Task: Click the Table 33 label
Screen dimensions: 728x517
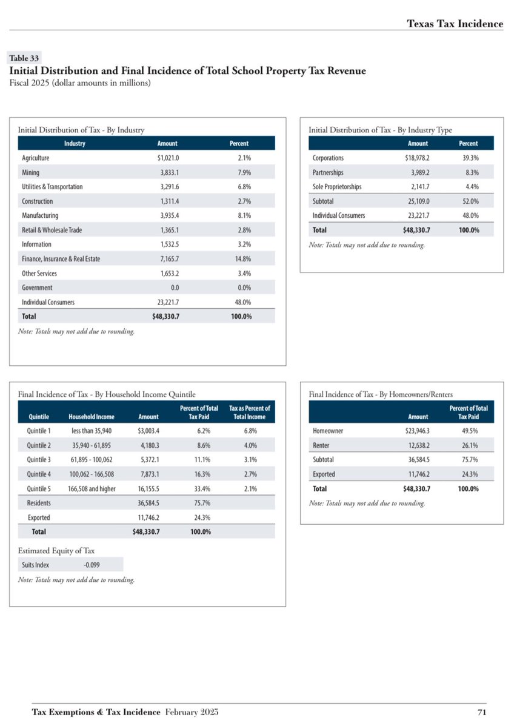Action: point(24,58)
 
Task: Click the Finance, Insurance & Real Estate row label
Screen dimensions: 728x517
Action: point(61,259)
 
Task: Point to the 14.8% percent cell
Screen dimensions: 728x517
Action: point(242,259)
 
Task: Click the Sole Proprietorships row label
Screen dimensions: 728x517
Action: point(337,187)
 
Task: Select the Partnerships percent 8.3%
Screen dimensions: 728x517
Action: point(470,172)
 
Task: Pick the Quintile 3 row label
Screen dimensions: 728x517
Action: point(39,459)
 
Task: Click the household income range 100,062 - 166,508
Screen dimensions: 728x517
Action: point(92,474)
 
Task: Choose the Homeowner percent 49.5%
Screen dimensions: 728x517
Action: point(470,431)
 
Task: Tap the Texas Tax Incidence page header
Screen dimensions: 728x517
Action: point(455,24)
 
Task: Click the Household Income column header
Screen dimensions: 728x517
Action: point(92,417)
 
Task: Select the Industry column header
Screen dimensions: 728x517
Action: point(75,144)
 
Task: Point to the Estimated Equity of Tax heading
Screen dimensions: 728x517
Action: point(56,550)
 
